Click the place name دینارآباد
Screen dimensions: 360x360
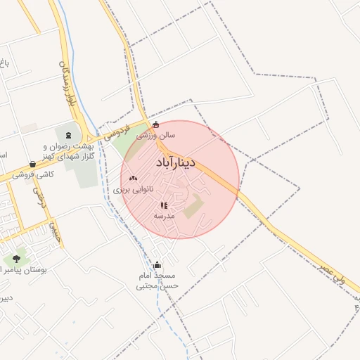click(x=179, y=164)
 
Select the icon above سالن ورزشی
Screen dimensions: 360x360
click(x=156, y=125)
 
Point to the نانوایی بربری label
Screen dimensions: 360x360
click(x=127, y=191)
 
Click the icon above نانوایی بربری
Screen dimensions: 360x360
click(x=134, y=179)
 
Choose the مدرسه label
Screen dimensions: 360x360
click(x=164, y=216)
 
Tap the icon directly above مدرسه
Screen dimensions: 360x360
click(x=163, y=205)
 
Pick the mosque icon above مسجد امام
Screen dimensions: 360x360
click(x=157, y=266)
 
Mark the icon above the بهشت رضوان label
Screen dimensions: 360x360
click(x=68, y=134)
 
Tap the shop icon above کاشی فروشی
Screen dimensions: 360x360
click(x=33, y=163)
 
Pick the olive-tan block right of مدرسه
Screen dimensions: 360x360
click(x=193, y=207)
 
